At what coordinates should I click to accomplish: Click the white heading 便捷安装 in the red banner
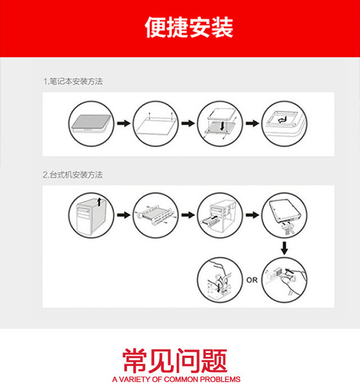(x=188, y=27)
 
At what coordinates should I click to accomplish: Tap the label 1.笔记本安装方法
(x=73, y=81)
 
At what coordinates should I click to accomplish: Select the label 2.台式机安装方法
(x=73, y=175)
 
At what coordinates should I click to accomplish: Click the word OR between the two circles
(x=251, y=280)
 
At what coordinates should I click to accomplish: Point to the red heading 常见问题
(x=175, y=360)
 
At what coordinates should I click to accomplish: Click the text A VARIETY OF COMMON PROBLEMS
(x=176, y=379)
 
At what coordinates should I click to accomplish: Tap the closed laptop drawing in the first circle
(x=91, y=123)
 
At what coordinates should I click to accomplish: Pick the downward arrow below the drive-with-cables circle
(x=284, y=248)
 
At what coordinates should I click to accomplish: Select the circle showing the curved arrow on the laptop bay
(x=284, y=124)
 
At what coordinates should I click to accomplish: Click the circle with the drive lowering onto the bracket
(x=220, y=124)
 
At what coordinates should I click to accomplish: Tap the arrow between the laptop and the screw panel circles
(x=124, y=123)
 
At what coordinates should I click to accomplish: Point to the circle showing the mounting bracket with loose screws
(x=156, y=215)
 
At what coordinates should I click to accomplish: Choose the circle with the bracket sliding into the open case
(x=220, y=215)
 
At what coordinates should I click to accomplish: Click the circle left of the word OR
(x=220, y=280)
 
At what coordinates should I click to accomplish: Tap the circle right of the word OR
(x=284, y=280)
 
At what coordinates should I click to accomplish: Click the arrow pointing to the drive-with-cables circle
(x=252, y=215)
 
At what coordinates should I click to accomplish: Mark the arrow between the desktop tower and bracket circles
(x=124, y=215)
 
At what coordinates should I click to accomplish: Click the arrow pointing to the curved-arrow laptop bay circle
(x=252, y=123)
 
